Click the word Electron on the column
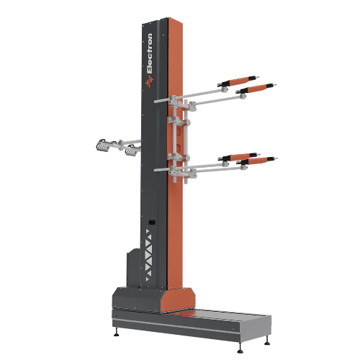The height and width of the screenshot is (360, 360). pyautogui.click(x=149, y=53)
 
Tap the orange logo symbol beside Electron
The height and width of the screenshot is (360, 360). pyautogui.click(x=149, y=81)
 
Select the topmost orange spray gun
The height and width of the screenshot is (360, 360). pyautogui.click(x=238, y=81)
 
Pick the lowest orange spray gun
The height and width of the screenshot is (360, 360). pyautogui.click(x=257, y=161)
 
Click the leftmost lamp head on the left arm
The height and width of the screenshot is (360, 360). pyautogui.click(x=102, y=145)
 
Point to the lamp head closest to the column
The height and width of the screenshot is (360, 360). pyautogui.click(x=132, y=150)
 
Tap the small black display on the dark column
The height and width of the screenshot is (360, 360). pyautogui.click(x=152, y=222)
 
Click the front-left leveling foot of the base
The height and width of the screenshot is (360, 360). pyautogui.click(x=117, y=333)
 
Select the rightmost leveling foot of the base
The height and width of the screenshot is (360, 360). pyautogui.click(x=267, y=341)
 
